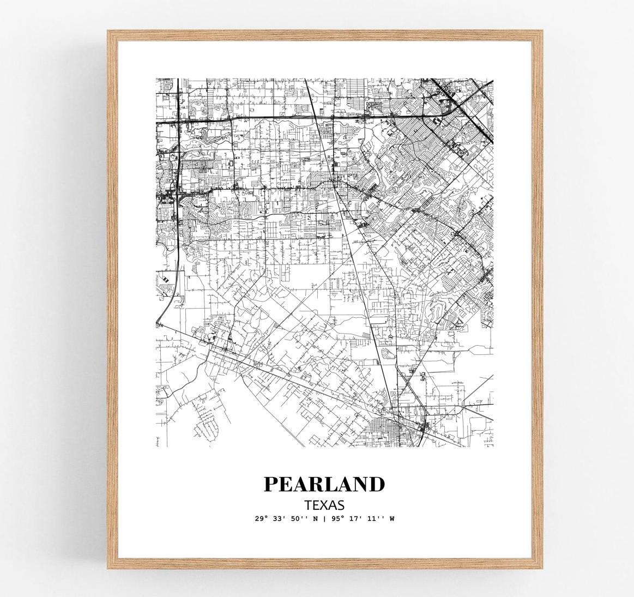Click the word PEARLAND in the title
click(324, 484)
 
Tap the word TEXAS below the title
click(324, 505)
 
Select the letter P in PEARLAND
click(271, 484)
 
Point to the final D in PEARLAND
click(377, 484)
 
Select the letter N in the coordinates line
click(316, 518)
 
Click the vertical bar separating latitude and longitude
click(324, 518)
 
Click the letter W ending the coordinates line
click(391, 518)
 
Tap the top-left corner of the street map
click(156, 79)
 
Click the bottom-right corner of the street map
click(493, 447)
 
